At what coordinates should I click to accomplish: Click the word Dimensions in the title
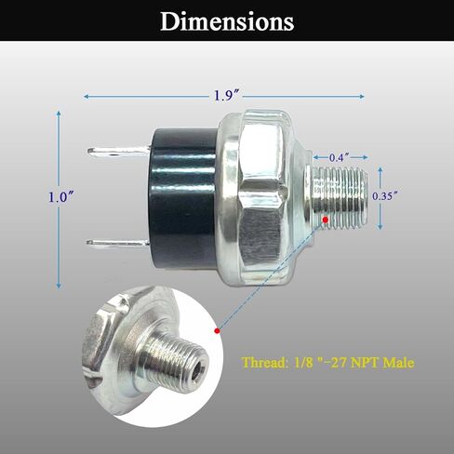[x=226, y=20]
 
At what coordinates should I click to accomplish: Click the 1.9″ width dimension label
[x=224, y=96]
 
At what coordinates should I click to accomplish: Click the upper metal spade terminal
[x=118, y=150]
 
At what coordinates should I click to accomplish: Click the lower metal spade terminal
[x=118, y=244]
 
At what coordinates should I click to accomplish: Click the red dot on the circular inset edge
[x=216, y=329]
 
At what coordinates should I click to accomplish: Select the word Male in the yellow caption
[x=395, y=363]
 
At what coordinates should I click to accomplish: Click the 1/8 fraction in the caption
[x=309, y=363]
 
